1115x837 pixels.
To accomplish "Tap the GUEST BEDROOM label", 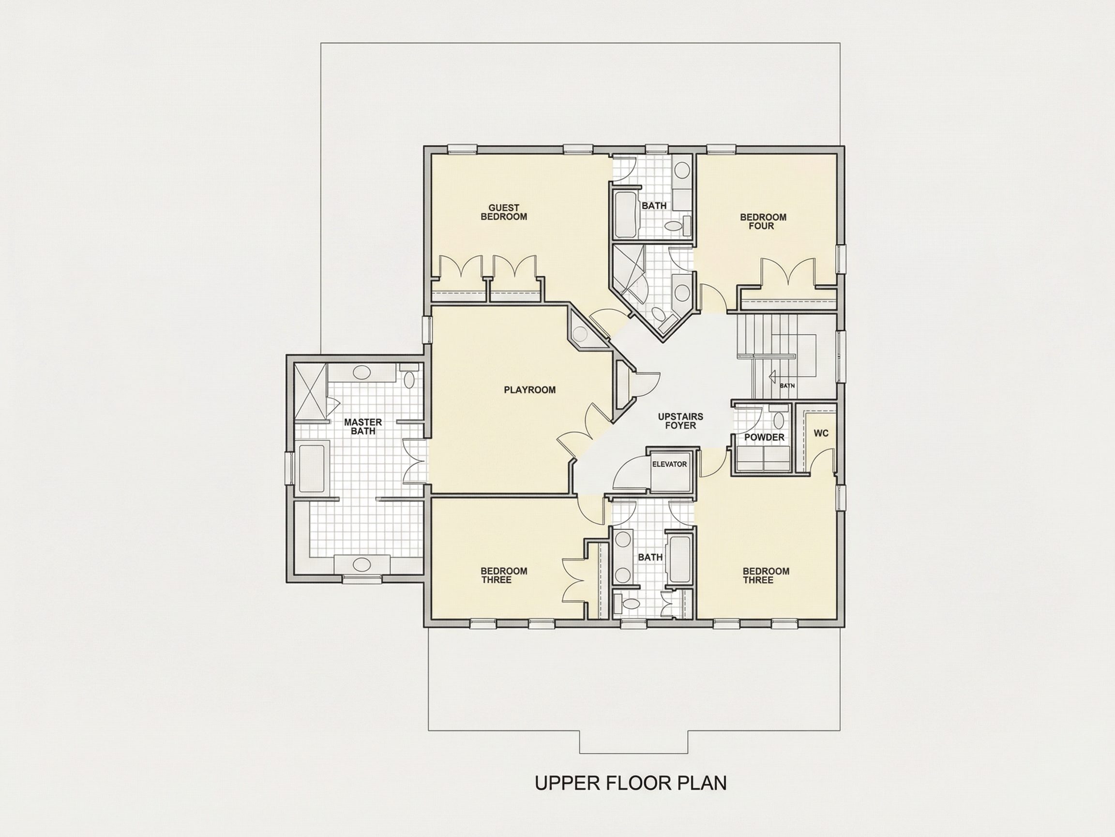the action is tap(504, 213).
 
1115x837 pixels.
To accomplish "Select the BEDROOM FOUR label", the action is tap(763, 221).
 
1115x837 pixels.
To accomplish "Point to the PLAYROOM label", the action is tap(530, 390).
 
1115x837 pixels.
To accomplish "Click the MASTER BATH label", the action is tap(363, 426).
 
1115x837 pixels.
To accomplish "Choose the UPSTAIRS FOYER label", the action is tap(680, 421).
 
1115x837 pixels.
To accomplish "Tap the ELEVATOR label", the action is tap(669, 464).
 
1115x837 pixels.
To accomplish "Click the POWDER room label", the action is tap(764, 437).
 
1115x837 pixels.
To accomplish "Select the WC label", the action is tap(821, 433).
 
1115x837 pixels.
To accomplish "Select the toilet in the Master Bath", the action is tap(408, 376).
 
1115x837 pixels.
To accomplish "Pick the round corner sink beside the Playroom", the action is tap(581, 333).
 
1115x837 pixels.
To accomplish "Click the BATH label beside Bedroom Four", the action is tap(654, 206).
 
